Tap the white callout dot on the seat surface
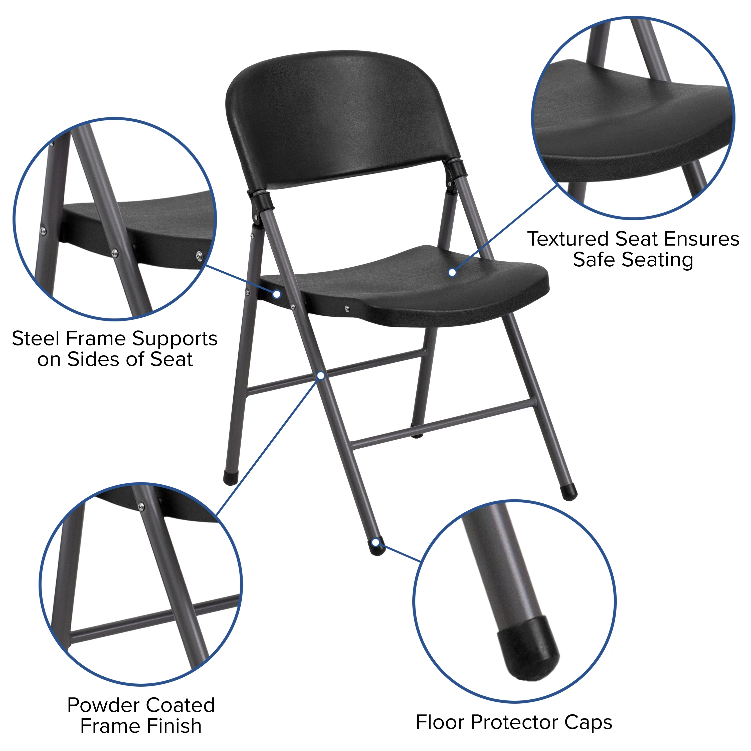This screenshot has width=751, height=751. [452, 273]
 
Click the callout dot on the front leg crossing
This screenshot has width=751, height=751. [321, 375]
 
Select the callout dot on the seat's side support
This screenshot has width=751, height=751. [277, 294]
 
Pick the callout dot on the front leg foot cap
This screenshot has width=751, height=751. [376, 542]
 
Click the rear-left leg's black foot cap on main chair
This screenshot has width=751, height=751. [231, 478]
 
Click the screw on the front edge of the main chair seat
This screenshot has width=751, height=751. [347, 309]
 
